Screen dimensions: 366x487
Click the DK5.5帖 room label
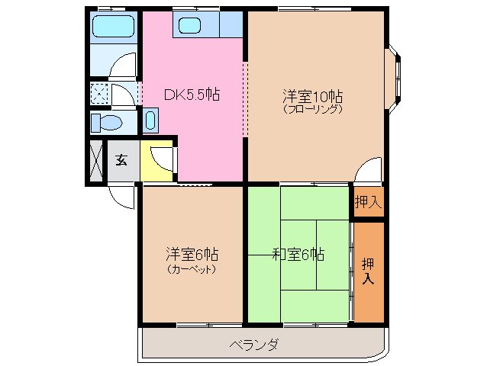point(192,95)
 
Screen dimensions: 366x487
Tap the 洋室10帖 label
point(313,97)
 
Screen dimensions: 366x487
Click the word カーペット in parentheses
point(192,268)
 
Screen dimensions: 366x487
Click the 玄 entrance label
point(121,160)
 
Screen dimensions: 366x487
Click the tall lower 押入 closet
point(368,271)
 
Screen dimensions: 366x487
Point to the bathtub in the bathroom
point(113,28)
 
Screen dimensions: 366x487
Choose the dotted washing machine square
point(99,94)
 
